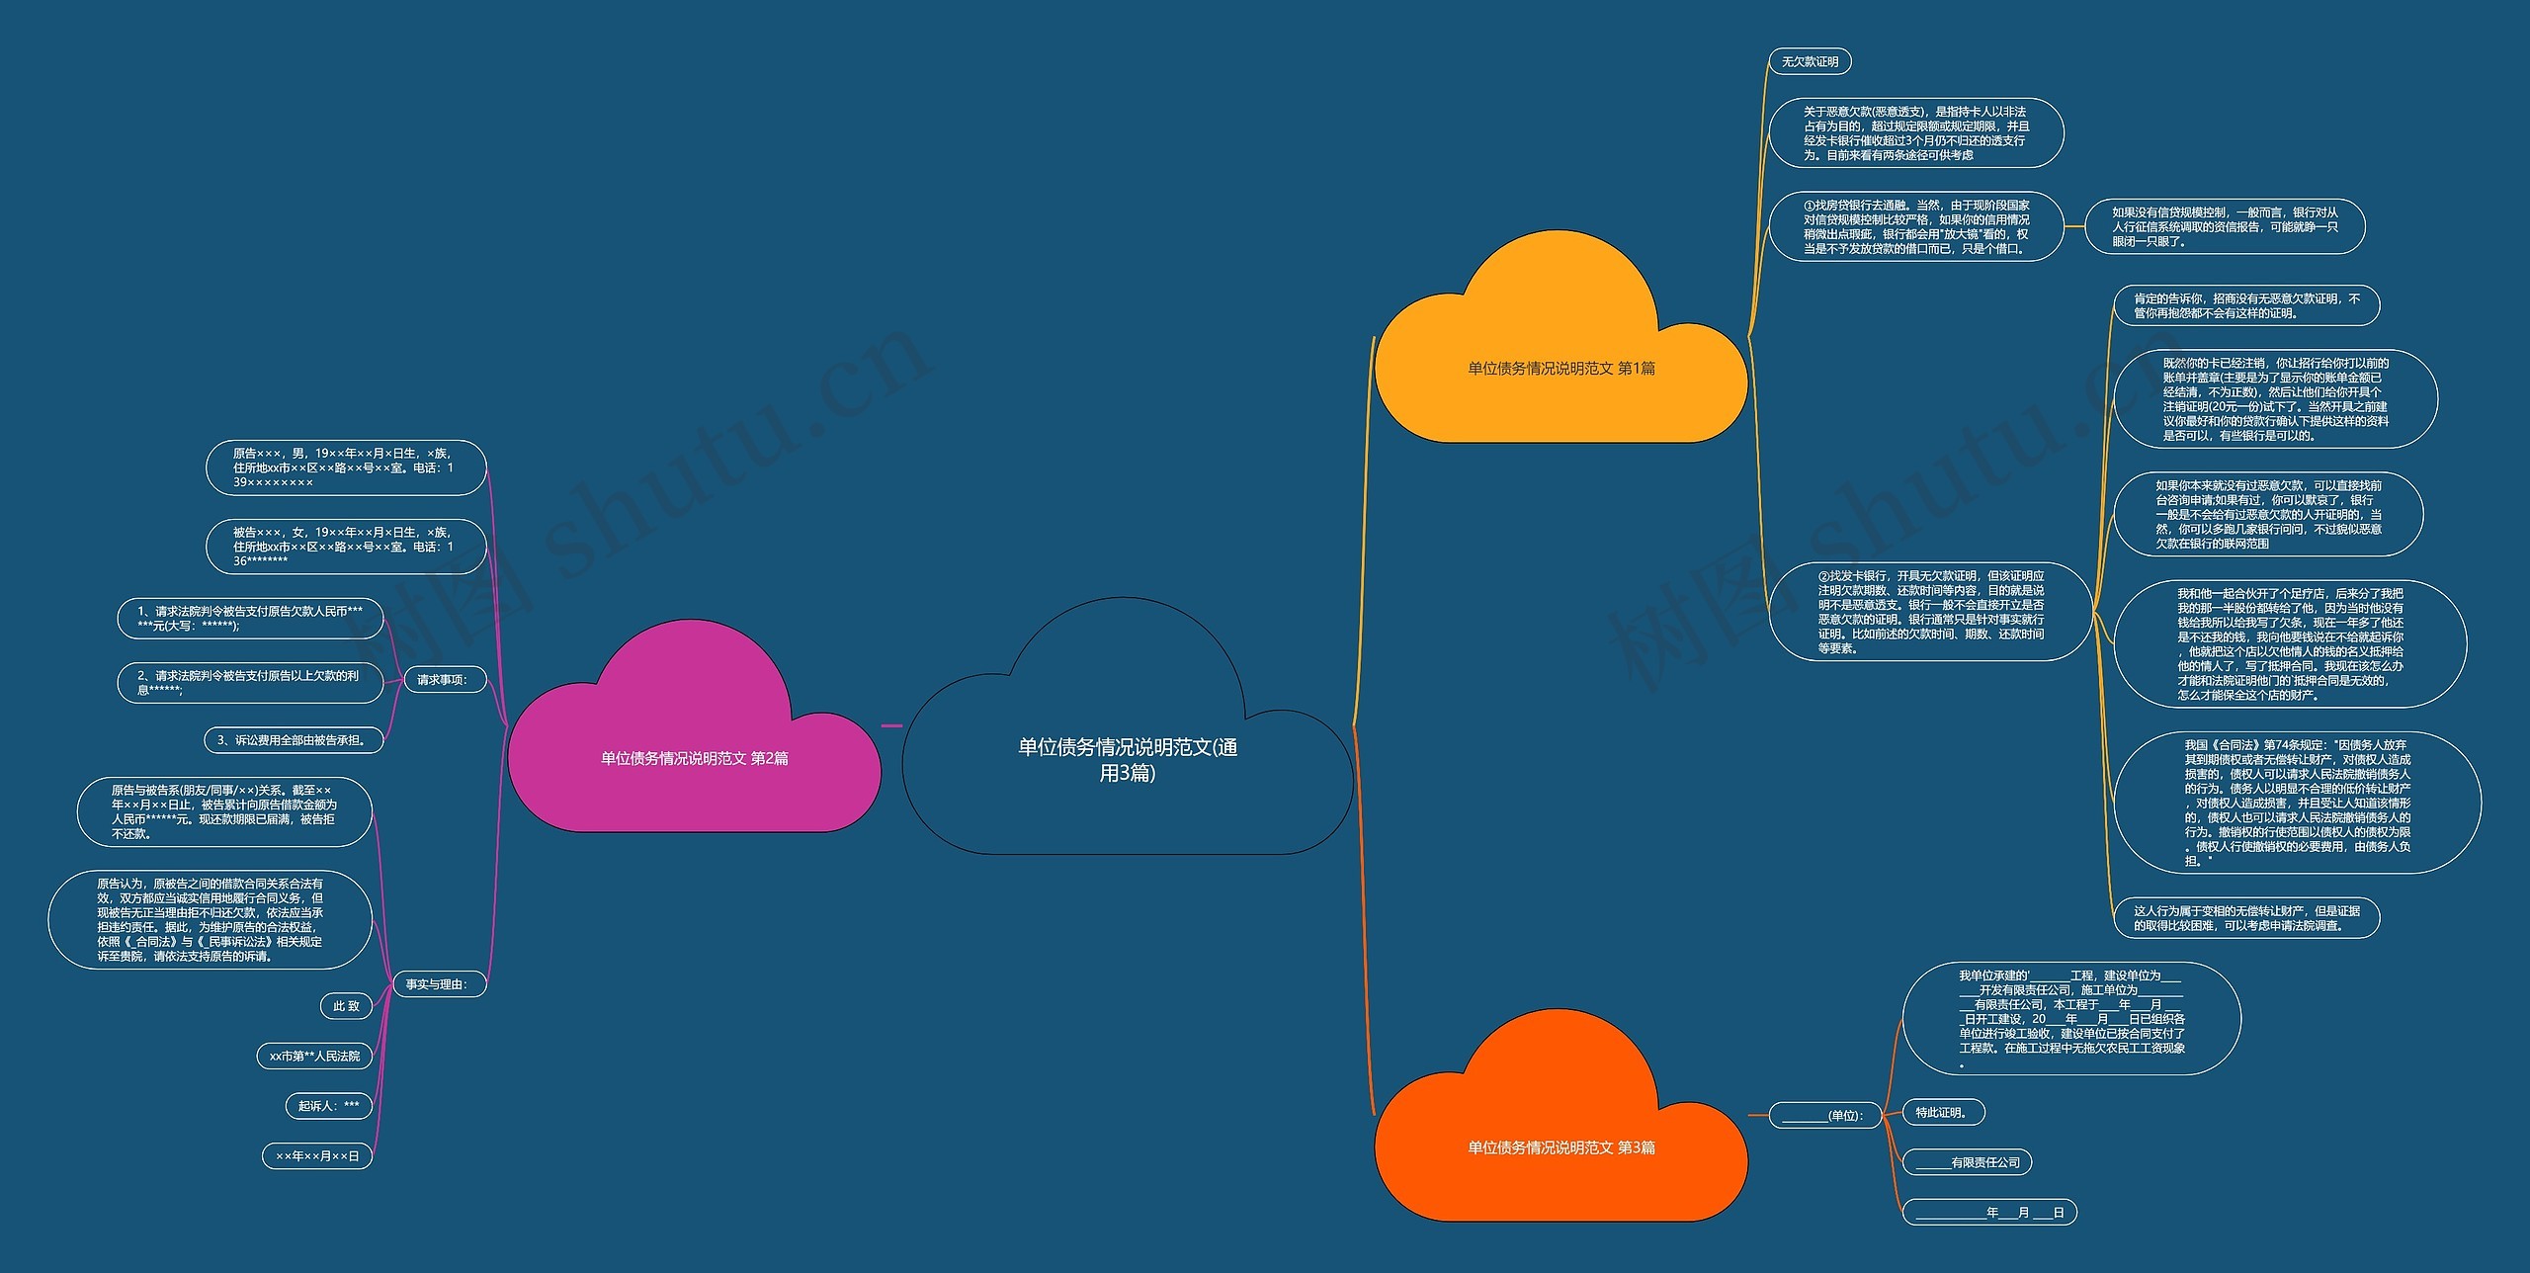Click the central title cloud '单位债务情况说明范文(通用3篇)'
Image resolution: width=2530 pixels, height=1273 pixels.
pyautogui.click(x=1128, y=726)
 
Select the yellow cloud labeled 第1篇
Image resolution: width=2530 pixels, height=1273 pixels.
pyautogui.click(x=1561, y=336)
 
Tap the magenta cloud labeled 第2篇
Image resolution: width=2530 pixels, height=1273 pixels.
pyautogui.click(x=694, y=726)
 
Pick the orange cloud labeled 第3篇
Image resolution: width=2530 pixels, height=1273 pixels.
pyautogui.click(x=1561, y=1116)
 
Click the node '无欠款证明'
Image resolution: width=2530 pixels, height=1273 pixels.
pyautogui.click(x=1810, y=62)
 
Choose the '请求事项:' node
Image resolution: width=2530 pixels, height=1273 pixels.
pyautogui.click(x=440, y=680)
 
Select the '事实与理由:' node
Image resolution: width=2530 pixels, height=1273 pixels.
pyautogui.click(x=436, y=984)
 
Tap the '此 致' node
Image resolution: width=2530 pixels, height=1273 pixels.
pyautogui.click(x=346, y=1006)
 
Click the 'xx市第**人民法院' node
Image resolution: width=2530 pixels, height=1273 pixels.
pyautogui.click(x=314, y=1057)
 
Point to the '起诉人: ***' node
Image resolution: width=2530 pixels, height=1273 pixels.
pyautogui.click(x=329, y=1106)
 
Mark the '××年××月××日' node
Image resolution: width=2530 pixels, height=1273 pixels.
pyautogui.click(x=317, y=1156)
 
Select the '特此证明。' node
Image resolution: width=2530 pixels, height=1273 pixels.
pyautogui.click(x=1943, y=1113)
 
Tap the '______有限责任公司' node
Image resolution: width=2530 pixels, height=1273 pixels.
pyautogui.click(x=1968, y=1163)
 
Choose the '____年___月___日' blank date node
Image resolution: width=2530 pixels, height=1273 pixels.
pyautogui.click(x=1989, y=1213)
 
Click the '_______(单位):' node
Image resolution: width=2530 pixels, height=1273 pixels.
pyautogui.click(x=1825, y=1116)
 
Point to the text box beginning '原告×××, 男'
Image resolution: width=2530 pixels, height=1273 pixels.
pyautogui.click(x=346, y=468)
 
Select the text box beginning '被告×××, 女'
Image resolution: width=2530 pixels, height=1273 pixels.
pyautogui.click(x=346, y=547)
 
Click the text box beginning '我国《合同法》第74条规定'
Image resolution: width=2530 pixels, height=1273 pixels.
pyautogui.click(x=2297, y=803)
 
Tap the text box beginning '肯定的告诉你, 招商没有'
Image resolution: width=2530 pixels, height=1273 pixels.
pyautogui.click(x=2246, y=306)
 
